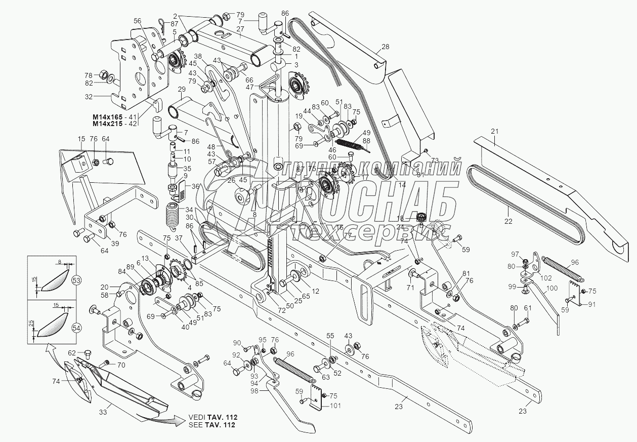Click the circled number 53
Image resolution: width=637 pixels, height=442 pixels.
tap(76, 279)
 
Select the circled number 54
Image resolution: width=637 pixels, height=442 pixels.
tap(76, 327)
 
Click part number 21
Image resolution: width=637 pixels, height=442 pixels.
tap(495, 131)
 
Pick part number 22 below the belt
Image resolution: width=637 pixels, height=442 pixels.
tap(508, 221)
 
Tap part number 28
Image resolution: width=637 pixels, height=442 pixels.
tap(386, 47)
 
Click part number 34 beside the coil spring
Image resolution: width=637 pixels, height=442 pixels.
tap(188, 210)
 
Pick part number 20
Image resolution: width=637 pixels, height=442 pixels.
tap(105, 286)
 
